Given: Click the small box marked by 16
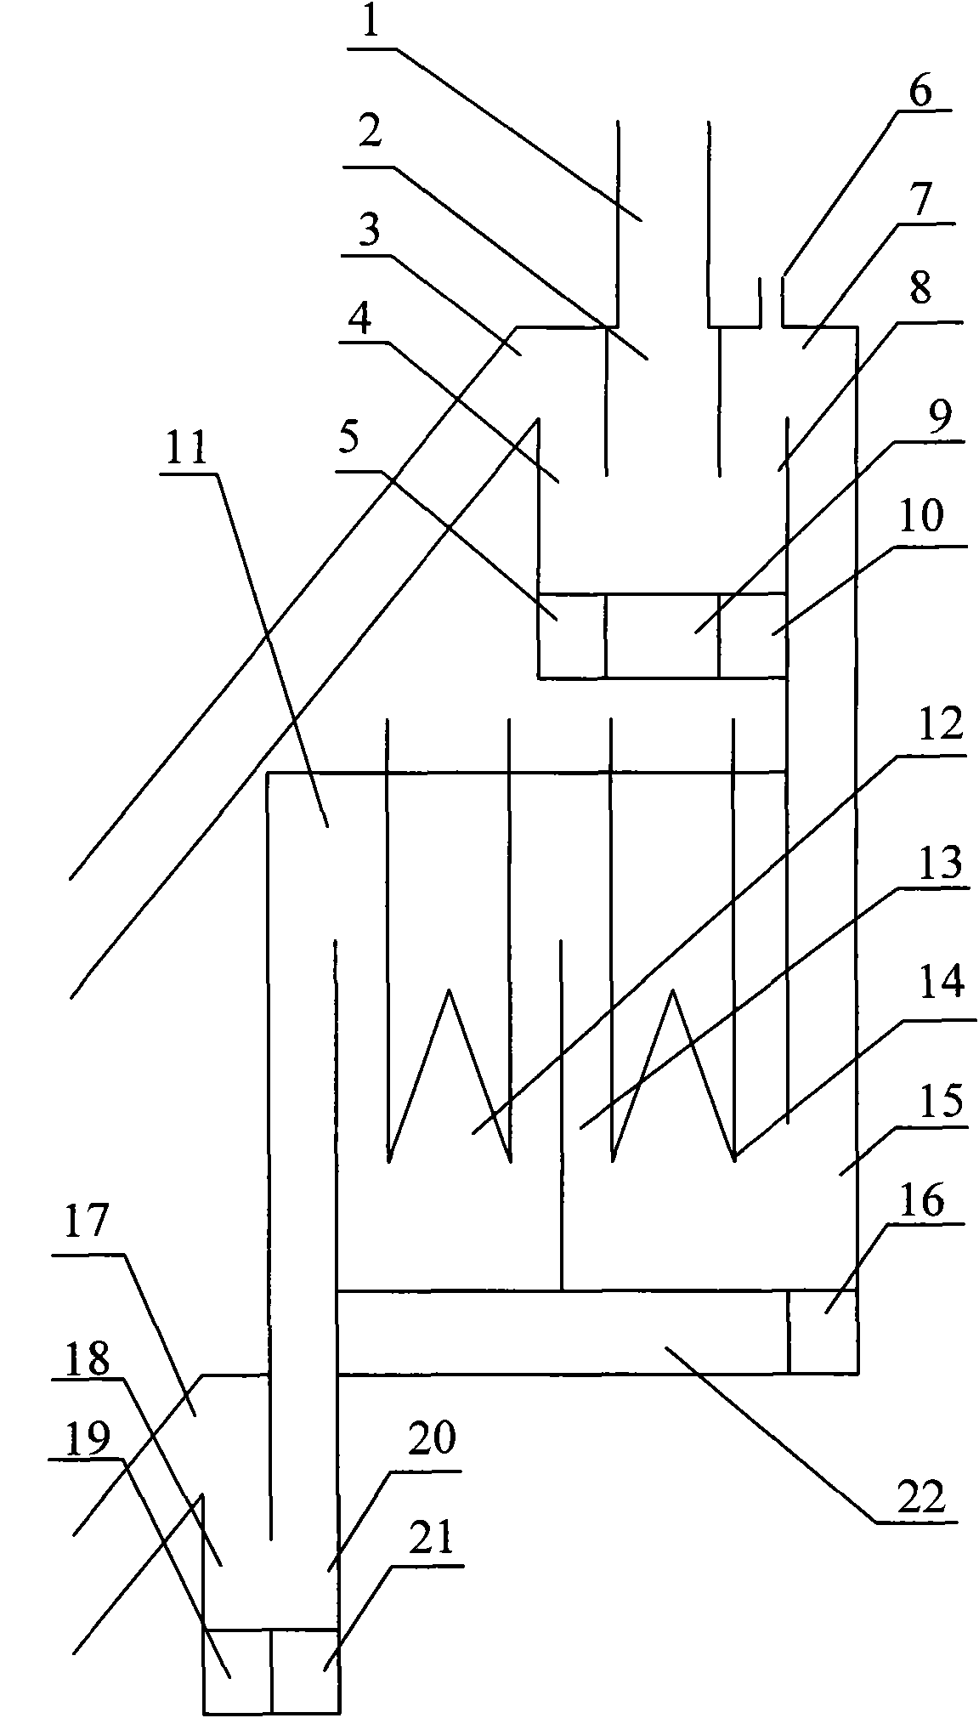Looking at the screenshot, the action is point(822,1332).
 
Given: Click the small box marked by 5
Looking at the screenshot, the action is point(572,635).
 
